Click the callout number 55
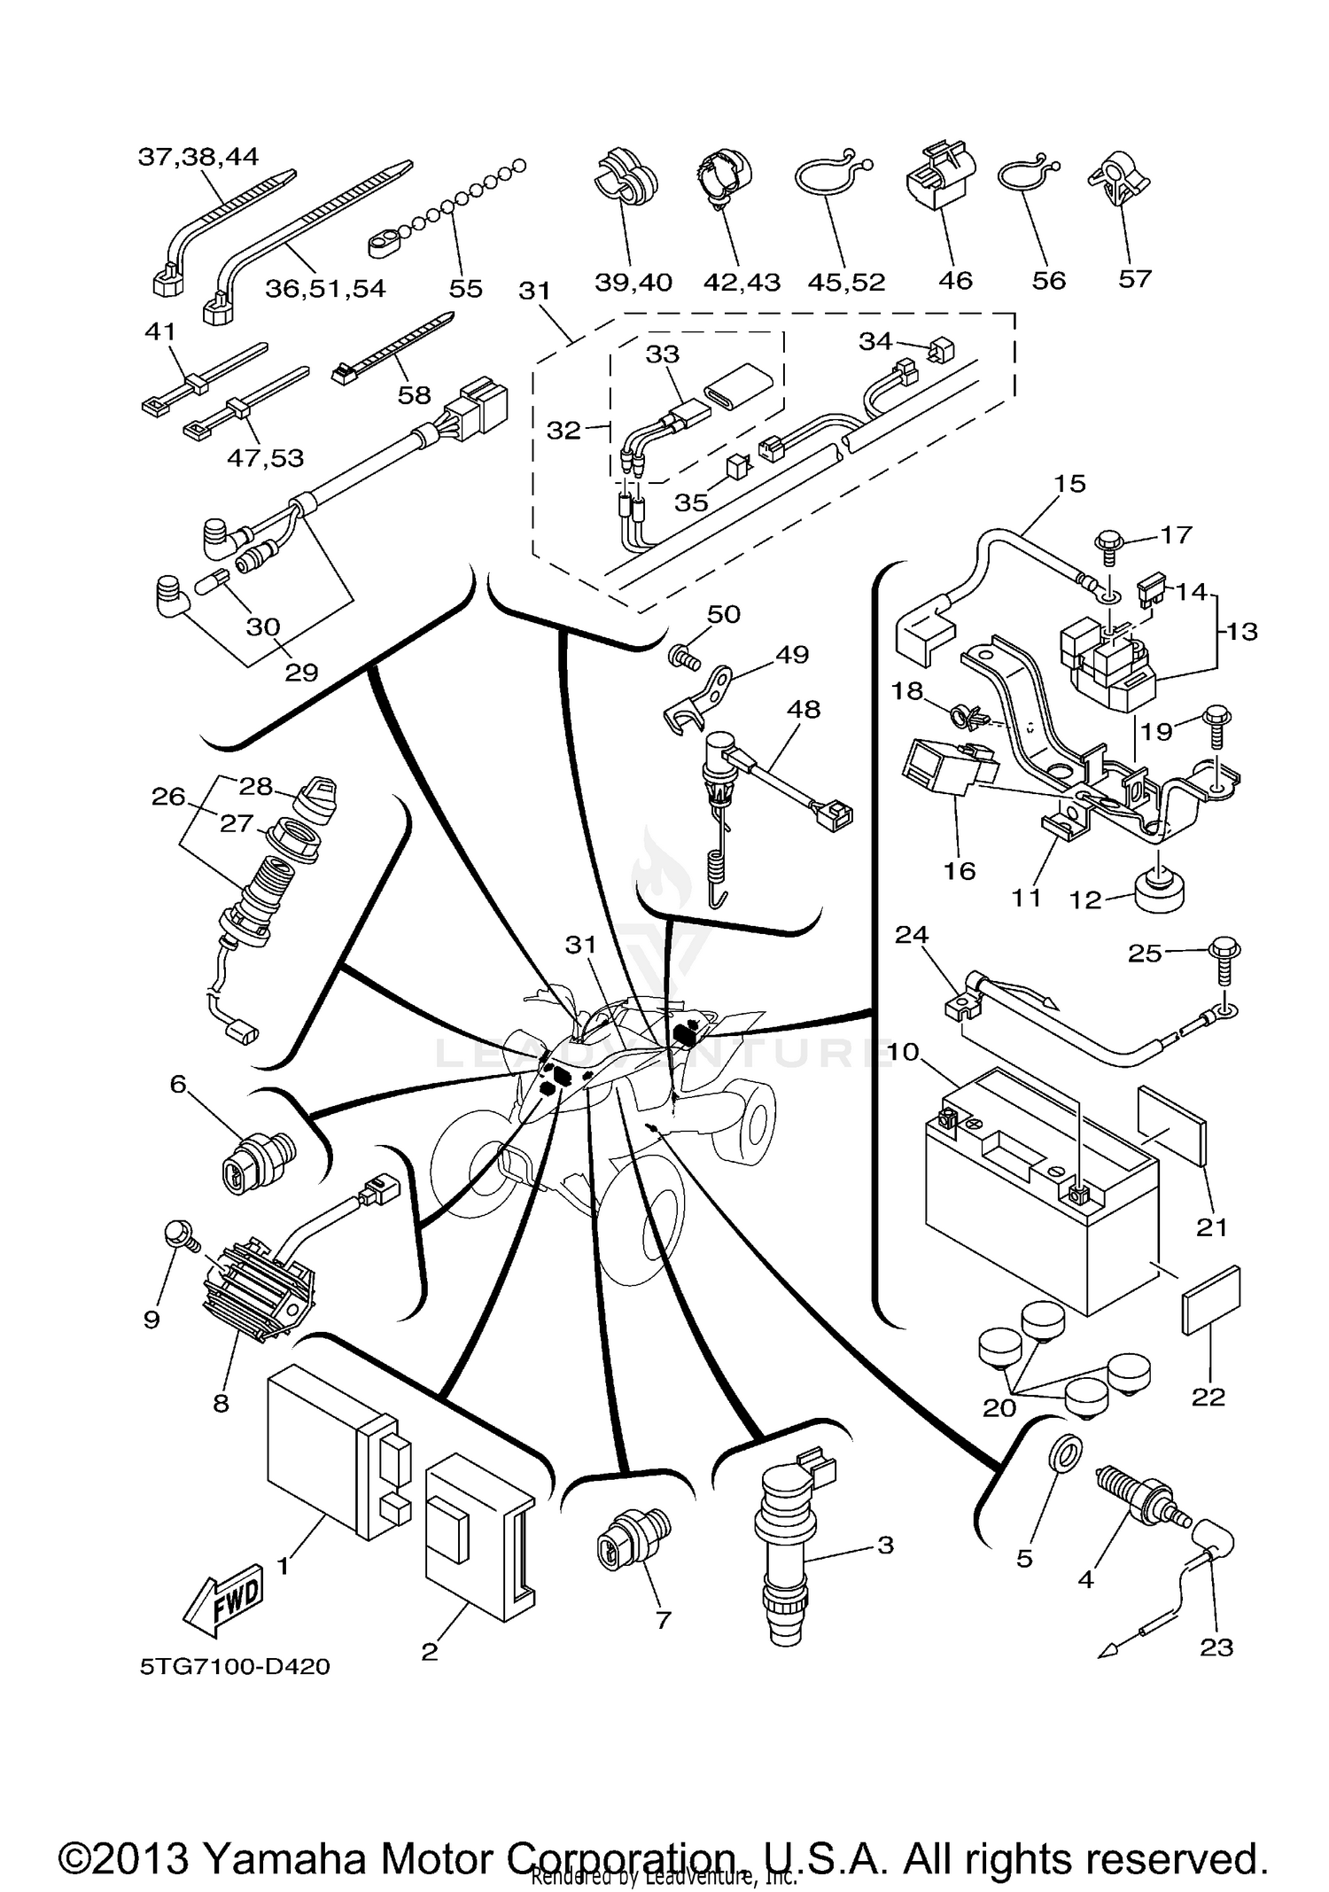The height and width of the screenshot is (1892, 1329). click(x=466, y=288)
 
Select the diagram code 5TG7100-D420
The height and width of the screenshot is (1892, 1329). click(x=235, y=1667)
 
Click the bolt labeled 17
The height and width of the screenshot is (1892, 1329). click(x=1107, y=541)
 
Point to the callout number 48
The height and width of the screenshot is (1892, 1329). click(x=804, y=709)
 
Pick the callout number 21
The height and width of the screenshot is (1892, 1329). click(x=1211, y=1226)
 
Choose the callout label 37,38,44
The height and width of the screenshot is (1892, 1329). click(x=198, y=157)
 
